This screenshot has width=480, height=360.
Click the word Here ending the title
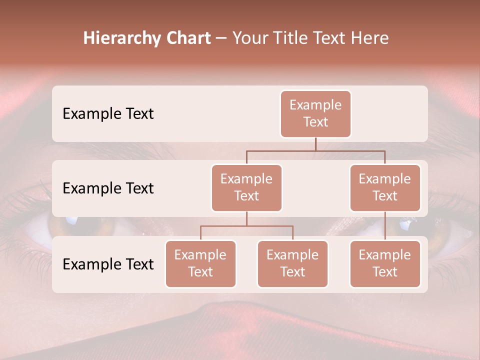[x=369, y=38]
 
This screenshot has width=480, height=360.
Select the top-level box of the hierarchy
[x=315, y=114]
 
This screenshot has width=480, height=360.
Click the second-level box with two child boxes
[x=246, y=188]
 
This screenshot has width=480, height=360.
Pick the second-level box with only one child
[x=385, y=188]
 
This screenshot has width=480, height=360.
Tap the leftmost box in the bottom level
[x=200, y=264]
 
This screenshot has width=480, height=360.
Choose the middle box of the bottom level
[x=292, y=264]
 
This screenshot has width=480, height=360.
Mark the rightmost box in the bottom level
[x=385, y=264]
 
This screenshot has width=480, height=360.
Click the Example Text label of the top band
[x=108, y=114]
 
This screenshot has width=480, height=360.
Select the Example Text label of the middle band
[x=108, y=188]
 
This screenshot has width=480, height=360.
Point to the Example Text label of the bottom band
[x=108, y=264]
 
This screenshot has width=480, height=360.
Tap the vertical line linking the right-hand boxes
[x=385, y=226]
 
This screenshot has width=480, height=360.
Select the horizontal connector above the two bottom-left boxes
[x=246, y=226]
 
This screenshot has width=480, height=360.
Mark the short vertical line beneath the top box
[x=315, y=144]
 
